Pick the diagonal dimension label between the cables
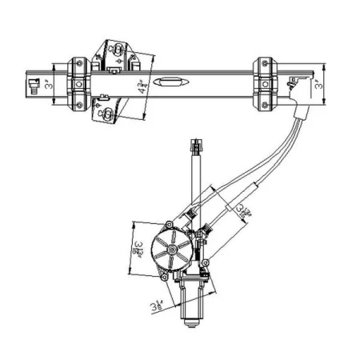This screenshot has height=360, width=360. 242,210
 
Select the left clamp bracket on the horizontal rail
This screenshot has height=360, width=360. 78,83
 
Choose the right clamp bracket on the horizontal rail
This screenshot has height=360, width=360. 265,82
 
